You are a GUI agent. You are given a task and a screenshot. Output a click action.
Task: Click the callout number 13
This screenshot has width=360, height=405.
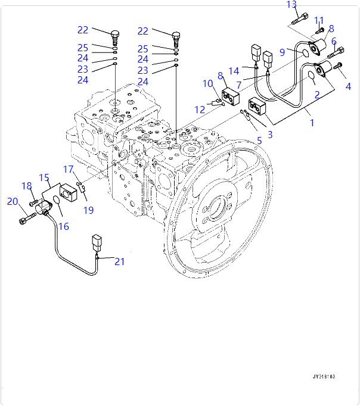click(x=291, y=5)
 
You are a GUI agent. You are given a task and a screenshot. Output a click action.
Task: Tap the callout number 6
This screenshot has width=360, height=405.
click(x=334, y=42)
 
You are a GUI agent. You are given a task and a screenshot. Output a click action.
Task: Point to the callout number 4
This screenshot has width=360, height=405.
click(x=348, y=87)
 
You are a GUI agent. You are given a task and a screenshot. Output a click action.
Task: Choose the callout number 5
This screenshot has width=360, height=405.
click(x=259, y=141)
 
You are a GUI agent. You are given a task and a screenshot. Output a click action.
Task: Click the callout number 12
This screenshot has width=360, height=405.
click(x=200, y=109)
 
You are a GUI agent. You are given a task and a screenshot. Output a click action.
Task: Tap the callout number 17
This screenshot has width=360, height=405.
click(x=69, y=169)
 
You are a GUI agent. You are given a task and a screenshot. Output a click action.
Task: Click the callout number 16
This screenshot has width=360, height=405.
click(x=63, y=226)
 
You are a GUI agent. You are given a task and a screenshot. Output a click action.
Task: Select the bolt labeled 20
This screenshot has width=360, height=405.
click(x=23, y=221)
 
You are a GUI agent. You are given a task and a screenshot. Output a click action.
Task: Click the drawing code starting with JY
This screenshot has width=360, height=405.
click(x=324, y=376)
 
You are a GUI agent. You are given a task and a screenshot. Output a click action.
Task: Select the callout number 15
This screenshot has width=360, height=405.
click(x=44, y=177)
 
